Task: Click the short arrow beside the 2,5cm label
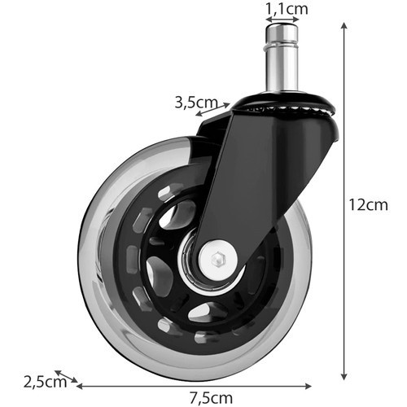point(68,377)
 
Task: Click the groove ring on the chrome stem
point(282,47)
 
